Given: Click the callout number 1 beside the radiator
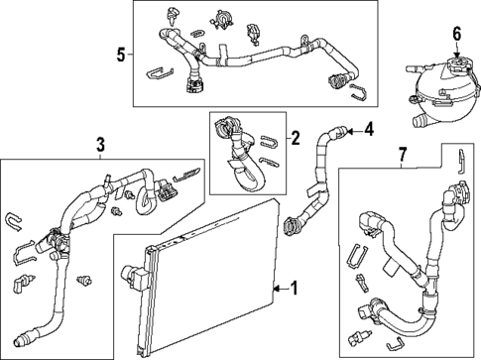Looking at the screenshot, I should [294, 289].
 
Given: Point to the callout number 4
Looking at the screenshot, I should [368, 128].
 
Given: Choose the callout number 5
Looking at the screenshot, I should [120, 54].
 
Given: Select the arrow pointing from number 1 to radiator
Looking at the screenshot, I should [278, 289].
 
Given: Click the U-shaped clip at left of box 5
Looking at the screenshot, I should [158, 72].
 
